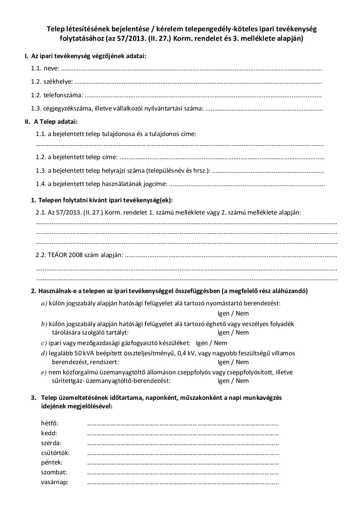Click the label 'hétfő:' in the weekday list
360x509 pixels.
(50, 423)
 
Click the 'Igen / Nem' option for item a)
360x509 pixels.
(233, 313)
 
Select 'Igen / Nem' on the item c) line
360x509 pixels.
(211, 343)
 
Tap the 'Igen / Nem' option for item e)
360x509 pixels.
(233, 380)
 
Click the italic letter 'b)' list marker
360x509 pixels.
(44, 324)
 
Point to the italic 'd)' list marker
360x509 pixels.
(44, 353)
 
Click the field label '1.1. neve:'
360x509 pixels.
(45, 68)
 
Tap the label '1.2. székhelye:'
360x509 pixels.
(52, 82)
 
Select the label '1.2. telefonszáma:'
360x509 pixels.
(57, 95)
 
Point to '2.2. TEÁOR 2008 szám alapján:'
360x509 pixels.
(79, 255)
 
